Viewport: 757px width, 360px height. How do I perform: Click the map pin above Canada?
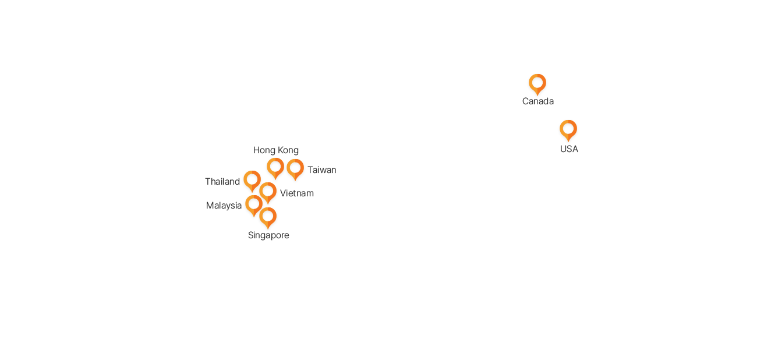tap(537, 84)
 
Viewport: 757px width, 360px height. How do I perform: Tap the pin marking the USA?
tap(568, 130)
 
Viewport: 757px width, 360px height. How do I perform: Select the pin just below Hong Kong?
tap(275, 168)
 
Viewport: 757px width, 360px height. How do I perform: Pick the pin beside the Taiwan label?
tap(295, 170)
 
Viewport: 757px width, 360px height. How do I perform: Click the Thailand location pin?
tap(252, 181)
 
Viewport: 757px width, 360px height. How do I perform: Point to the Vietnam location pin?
tap(268, 193)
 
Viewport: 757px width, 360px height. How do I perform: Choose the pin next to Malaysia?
tap(254, 205)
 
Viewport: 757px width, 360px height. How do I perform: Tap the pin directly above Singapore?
tap(268, 218)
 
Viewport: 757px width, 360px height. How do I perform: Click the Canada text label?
tap(538, 101)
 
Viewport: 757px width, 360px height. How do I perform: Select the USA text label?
tap(569, 149)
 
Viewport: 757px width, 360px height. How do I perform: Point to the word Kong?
tap(288, 150)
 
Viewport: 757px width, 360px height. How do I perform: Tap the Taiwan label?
tap(321, 170)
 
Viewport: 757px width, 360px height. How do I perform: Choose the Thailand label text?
tap(222, 182)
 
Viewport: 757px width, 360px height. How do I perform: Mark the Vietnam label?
tap(297, 193)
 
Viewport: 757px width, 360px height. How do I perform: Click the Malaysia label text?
tap(224, 206)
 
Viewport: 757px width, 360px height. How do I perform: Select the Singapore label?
tap(268, 235)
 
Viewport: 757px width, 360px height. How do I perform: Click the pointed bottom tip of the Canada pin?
tap(537, 96)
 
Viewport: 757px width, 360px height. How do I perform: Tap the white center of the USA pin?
tap(568, 129)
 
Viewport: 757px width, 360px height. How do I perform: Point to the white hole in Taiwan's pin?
tap(295, 168)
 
